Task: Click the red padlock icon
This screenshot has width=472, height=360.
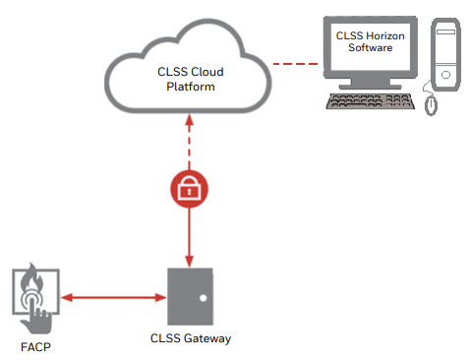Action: pyautogui.click(x=187, y=189)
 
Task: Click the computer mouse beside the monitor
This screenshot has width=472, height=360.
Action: pyautogui.click(x=430, y=102)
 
